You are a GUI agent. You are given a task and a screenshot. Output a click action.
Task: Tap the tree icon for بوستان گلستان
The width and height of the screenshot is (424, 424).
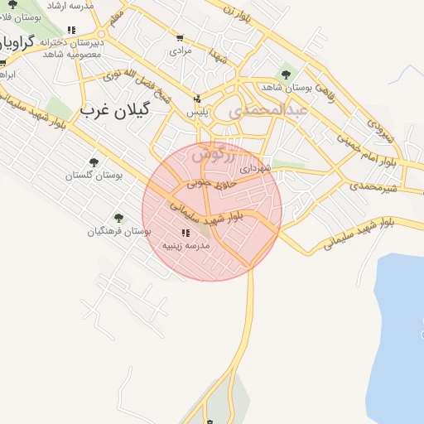coord(93,162)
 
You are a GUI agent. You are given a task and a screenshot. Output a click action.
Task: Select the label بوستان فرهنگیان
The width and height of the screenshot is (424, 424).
coord(119,231)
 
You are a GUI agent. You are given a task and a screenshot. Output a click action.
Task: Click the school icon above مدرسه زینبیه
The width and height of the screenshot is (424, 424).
coord(185,233)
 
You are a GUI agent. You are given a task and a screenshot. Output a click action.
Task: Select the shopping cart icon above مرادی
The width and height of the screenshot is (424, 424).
coord(180,38)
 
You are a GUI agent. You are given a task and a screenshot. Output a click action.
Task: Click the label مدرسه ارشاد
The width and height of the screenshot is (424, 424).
coord(70,5)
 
